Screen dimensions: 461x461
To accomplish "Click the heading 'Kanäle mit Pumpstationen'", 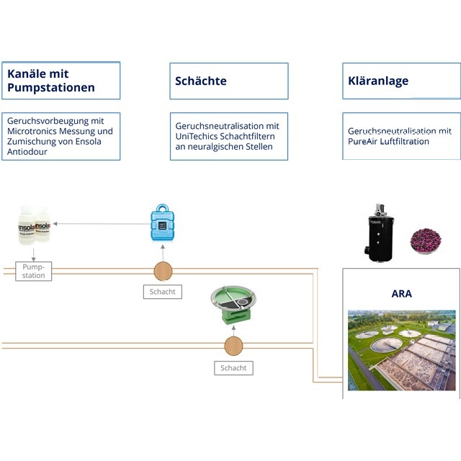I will [x=51, y=81].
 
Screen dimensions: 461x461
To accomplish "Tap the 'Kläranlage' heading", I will [x=378, y=81].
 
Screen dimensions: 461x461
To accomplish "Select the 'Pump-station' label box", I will [x=34, y=272].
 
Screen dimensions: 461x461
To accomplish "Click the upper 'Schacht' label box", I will [x=162, y=292].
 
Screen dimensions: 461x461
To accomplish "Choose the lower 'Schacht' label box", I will [x=233, y=368].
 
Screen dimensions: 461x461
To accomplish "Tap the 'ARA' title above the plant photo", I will [x=401, y=294].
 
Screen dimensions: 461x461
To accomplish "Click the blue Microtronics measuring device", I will [x=163, y=224].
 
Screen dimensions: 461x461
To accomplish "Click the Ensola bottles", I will [x=34, y=226].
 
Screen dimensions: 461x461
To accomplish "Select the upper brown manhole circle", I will [x=164, y=271].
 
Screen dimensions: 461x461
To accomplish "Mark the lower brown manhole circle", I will [x=233, y=346].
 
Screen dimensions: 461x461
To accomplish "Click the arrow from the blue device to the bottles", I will [x=101, y=224].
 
